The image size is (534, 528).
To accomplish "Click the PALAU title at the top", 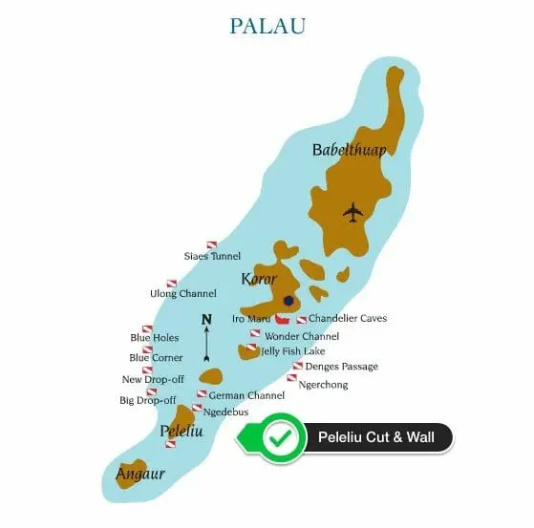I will [267, 26].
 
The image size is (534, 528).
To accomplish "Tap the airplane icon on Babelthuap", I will [353, 211].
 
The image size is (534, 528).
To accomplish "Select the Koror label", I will [259, 279].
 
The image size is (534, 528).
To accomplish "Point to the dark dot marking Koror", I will [288, 301].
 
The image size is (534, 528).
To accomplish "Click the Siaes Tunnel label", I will [212, 256].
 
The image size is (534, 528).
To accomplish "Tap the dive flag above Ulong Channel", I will [172, 283].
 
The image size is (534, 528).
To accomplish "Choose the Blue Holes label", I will [154, 338].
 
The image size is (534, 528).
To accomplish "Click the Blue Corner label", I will [156, 358].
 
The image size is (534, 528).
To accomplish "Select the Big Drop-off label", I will [147, 400].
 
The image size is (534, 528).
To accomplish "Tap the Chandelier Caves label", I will [348, 318].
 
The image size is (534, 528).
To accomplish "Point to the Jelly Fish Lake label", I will [292, 351].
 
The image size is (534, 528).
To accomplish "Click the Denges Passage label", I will [341, 367].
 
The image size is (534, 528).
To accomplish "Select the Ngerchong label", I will [323, 385].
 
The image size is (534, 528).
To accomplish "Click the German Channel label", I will [246, 394].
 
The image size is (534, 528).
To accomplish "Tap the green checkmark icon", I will [280, 438].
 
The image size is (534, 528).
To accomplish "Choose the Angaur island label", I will [140, 474].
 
